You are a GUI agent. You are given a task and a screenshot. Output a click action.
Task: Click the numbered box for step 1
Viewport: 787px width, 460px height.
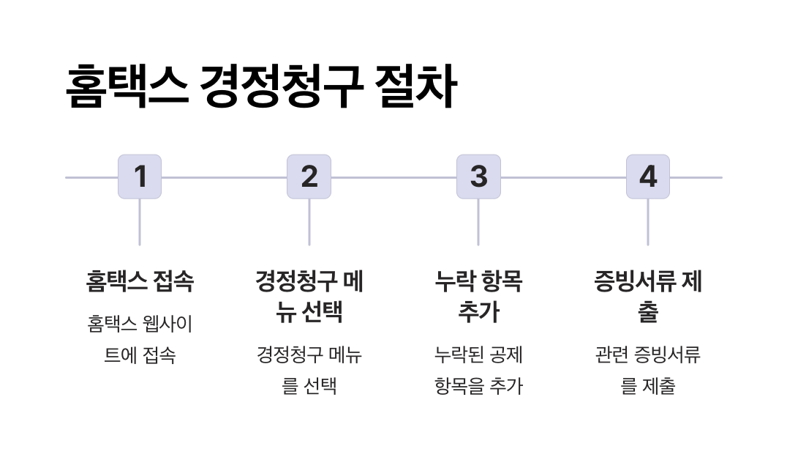click(x=140, y=177)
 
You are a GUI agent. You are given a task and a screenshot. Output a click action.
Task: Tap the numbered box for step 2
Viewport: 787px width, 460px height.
click(x=309, y=177)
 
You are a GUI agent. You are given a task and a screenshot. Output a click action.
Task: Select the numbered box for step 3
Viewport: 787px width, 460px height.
click(x=478, y=177)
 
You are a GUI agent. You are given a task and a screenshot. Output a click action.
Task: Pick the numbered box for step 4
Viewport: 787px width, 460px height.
click(x=648, y=177)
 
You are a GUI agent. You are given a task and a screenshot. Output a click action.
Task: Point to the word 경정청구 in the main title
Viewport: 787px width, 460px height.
click(x=282, y=87)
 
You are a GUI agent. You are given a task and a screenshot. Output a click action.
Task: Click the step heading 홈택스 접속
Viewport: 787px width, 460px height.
click(x=140, y=281)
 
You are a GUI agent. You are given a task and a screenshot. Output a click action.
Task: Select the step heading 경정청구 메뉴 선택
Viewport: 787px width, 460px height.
click(x=309, y=297)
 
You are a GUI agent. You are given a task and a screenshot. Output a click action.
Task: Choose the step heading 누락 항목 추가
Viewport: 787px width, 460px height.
click(x=478, y=297)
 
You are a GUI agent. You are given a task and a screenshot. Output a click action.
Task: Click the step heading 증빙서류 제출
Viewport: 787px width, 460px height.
click(x=648, y=297)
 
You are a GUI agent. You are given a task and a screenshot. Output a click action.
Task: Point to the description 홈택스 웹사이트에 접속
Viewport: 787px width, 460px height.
click(x=140, y=339)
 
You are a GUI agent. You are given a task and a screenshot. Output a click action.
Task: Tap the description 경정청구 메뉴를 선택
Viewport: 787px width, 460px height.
click(x=309, y=371)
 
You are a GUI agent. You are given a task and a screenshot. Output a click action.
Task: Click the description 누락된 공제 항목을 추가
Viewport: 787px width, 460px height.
click(x=478, y=371)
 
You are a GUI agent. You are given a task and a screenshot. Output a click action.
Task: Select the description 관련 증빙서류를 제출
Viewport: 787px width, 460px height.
click(x=648, y=371)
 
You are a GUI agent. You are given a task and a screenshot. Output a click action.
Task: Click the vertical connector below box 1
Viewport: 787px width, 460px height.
click(x=140, y=222)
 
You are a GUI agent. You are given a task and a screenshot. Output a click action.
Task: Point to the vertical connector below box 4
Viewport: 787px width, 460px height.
click(x=648, y=222)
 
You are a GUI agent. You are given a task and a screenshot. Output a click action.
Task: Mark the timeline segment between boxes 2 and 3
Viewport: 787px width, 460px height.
click(x=393, y=177)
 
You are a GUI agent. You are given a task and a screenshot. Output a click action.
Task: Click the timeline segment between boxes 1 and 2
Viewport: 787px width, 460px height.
click(x=224, y=177)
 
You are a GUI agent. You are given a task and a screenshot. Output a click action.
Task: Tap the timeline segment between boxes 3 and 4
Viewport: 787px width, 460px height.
click(x=563, y=177)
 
